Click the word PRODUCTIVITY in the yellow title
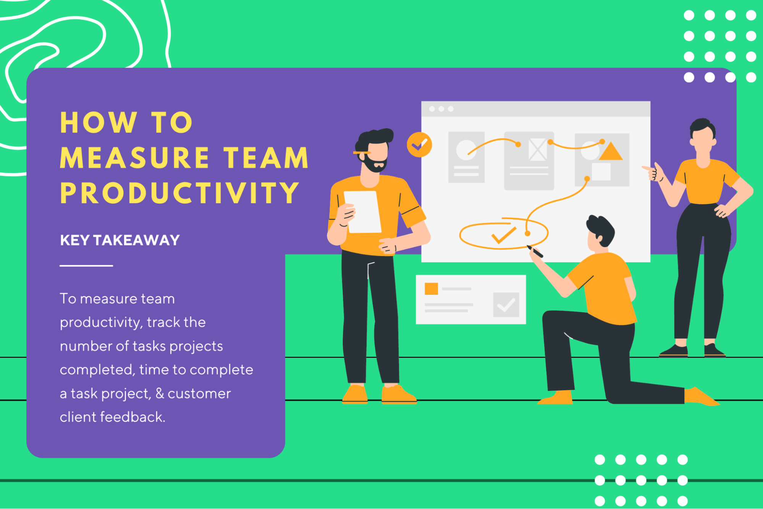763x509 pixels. [179, 192]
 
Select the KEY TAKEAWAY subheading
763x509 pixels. [119, 240]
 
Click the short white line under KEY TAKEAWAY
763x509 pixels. [86, 265]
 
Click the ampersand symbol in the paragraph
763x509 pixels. [160, 393]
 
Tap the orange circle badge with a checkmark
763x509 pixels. [419, 145]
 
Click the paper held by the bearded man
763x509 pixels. [363, 212]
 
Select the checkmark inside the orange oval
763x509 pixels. [503, 235]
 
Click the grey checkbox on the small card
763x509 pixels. [506, 305]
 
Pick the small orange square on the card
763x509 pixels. [431, 289]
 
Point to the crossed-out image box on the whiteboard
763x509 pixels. [537, 149]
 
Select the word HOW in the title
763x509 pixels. [98, 123]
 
